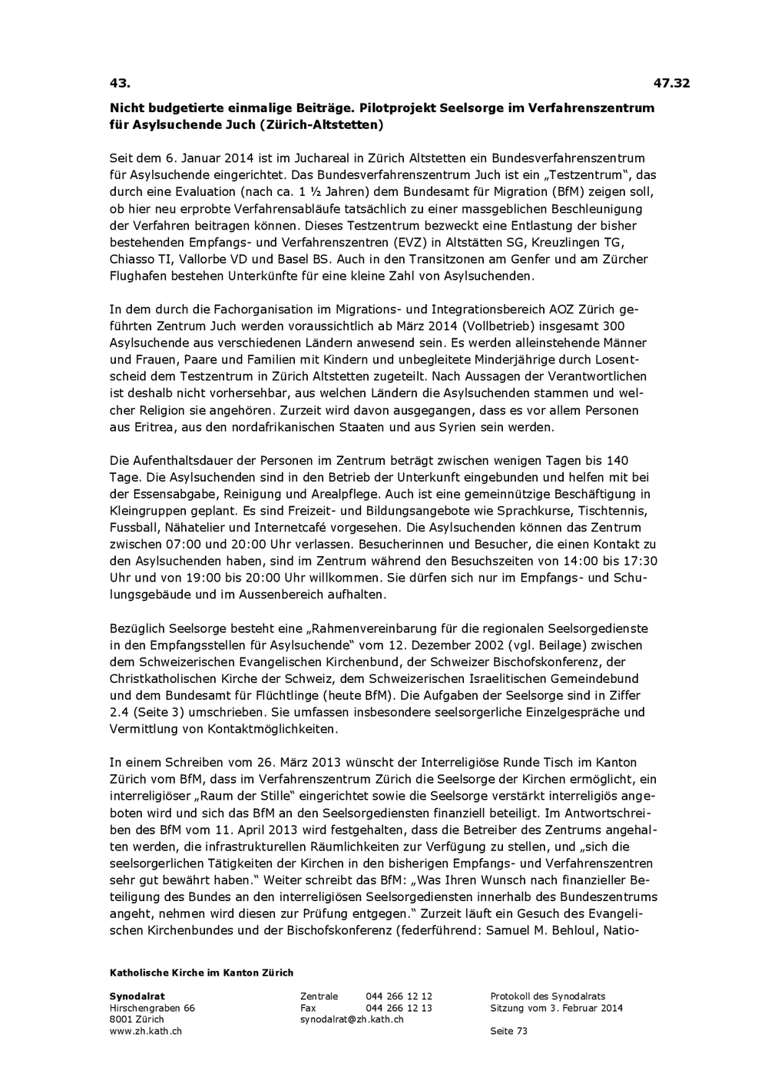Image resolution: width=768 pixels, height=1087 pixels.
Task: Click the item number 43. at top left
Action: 120,83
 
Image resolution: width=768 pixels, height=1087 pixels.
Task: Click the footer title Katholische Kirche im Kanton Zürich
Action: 201,973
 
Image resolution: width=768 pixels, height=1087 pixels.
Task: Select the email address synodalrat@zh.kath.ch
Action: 351,1019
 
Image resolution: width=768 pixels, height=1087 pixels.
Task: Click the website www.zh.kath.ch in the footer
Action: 146,1031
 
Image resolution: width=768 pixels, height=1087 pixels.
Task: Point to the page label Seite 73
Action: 508,1031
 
